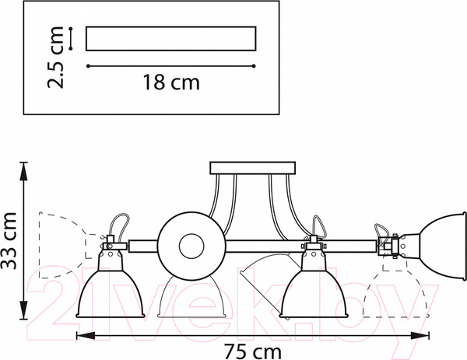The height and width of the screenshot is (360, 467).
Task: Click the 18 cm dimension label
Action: [x=171, y=82]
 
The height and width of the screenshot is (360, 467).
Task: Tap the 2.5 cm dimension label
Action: [x=56, y=57]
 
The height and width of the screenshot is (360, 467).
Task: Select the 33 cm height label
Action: [x=9, y=241]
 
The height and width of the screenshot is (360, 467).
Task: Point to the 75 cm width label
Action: [x=252, y=352]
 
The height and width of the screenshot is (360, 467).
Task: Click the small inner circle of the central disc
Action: [x=191, y=246]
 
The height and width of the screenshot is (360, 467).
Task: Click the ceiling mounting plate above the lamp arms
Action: [x=252, y=168]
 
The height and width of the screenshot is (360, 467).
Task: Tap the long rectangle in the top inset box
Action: [x=171, y=39]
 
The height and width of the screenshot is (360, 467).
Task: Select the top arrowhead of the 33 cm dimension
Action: [x=23, y=171]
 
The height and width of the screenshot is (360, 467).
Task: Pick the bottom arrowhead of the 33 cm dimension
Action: [x=23, y=310]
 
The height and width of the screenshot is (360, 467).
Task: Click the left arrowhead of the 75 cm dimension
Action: [x=86, y=336]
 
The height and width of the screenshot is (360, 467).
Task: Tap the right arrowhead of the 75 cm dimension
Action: [x=420, y=336]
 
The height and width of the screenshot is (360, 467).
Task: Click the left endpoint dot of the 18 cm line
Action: [x=88, y=66]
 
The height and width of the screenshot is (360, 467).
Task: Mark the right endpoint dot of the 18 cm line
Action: [x=254, y=66]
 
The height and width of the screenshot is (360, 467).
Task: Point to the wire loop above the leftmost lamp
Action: [x=121, y=225]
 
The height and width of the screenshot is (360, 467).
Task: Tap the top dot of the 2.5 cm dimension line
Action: [x=71, y=29]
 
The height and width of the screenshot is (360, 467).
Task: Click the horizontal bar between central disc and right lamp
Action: [x=300, y=246]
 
